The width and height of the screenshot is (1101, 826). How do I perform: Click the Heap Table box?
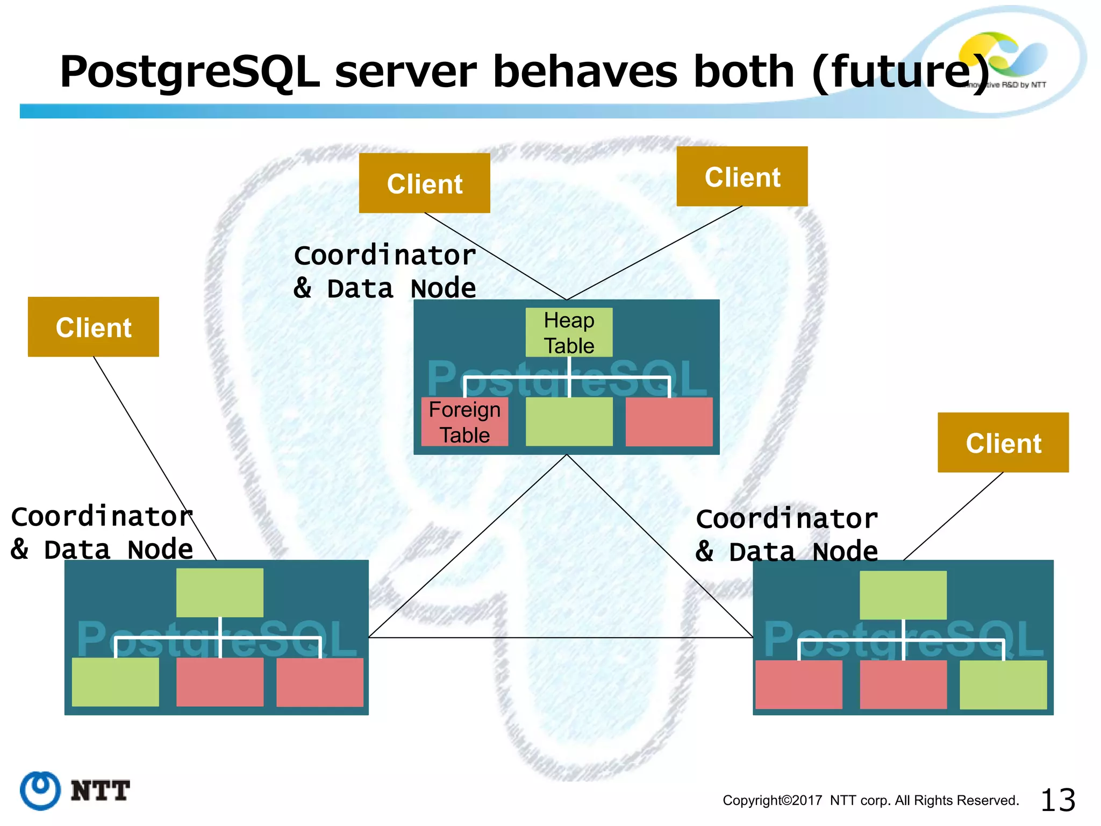569,332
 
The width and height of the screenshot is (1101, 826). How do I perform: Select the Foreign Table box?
464,422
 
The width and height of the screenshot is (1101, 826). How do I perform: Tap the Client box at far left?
94,327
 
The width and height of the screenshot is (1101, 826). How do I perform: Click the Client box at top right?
742,176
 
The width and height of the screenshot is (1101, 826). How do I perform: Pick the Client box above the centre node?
424,183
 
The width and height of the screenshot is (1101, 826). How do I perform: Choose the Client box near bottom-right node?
1003,443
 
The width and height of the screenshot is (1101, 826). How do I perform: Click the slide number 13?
1057,800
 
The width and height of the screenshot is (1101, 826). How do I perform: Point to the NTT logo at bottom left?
75,791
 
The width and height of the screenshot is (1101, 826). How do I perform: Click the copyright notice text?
870,800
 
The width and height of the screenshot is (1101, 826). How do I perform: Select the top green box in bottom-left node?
220,593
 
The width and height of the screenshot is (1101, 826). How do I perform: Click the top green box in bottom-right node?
903,595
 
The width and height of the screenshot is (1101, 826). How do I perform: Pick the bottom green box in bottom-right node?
1003,685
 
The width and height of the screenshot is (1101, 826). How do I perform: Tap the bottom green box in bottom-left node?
115,682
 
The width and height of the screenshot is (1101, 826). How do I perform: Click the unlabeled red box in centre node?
669,422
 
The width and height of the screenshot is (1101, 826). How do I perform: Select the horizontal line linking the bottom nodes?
559,638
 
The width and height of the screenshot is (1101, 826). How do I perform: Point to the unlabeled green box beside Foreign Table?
569,422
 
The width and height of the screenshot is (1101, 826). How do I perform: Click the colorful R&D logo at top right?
1003,56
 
